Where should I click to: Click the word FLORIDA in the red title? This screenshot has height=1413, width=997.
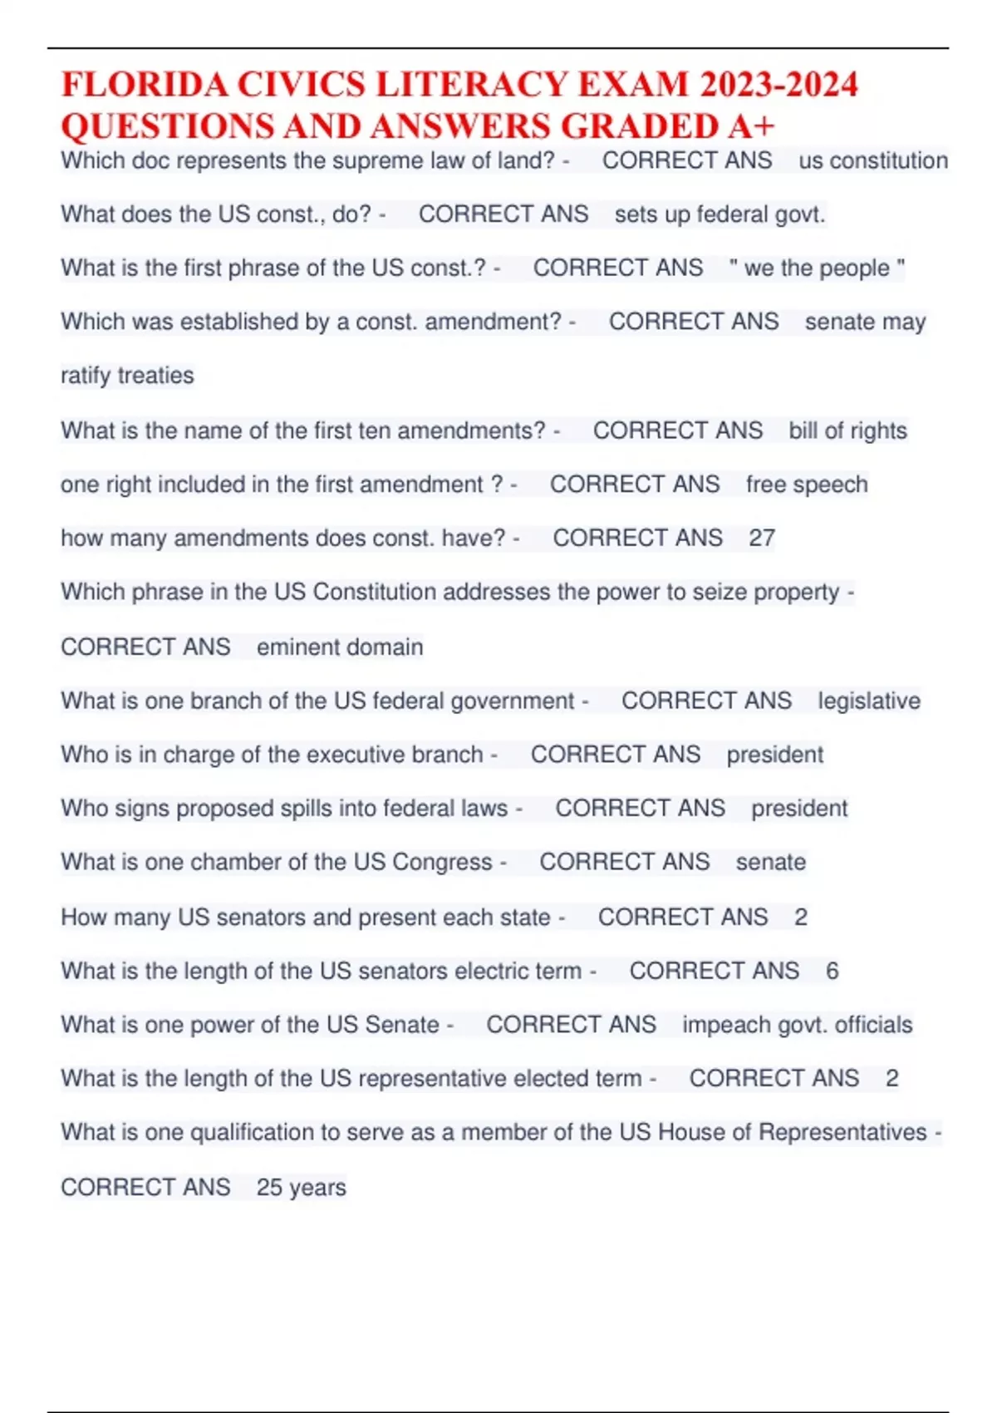coord(145,86)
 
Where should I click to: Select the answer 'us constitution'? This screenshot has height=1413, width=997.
coord(872,160)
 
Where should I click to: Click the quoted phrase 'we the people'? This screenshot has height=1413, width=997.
coord(817,268)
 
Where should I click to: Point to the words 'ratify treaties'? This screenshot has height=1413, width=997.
coord(127,376)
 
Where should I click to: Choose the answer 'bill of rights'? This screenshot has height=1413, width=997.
coord(847,431)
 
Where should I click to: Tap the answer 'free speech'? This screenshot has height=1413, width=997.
coord(807,485)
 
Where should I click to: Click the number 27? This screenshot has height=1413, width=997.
coord(762,538)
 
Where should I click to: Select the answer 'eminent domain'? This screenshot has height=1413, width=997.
coord(340,647)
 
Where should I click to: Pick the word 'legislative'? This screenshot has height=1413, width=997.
coord(869,701)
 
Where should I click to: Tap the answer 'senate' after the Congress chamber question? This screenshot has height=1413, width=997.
coord(770,862)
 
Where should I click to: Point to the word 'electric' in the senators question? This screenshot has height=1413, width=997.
coord(495,971)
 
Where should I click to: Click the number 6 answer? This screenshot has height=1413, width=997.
coord(832,971)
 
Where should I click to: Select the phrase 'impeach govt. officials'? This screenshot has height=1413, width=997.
coord(797,1025)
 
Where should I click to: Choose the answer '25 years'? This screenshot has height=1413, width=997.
coord(301,1187)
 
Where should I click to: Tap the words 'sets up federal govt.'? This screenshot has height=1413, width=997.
coord(720,214)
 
